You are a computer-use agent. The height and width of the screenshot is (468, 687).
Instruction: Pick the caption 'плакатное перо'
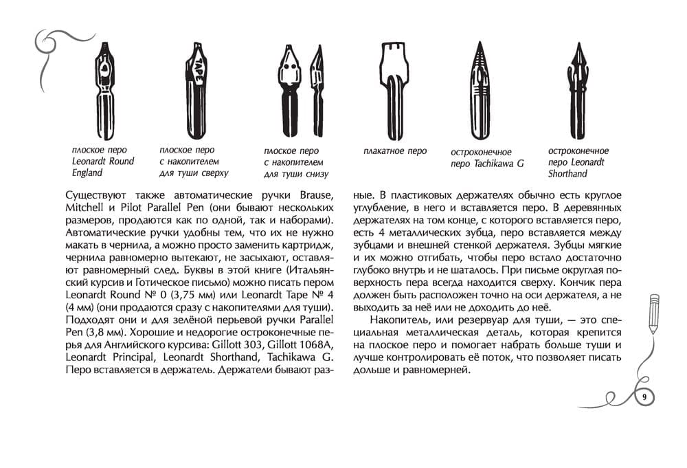(x=395, y=151)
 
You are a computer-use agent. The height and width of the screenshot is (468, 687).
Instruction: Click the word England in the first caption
(x=87, y=172)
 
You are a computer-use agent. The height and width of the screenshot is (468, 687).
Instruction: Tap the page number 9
(x=644, y=397)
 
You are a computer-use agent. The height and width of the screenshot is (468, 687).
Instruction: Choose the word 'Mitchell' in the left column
(x=86, y=208)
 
